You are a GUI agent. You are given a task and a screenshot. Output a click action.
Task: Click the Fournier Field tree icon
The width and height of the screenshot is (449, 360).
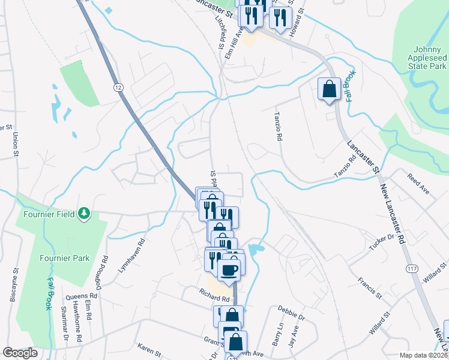pyautogui.click(x=85, y=212)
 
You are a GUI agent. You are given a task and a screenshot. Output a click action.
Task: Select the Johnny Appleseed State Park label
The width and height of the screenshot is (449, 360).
pyautogui.click(x=421, y=57)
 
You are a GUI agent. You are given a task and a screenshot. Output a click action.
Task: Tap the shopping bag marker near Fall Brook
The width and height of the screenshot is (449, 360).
pyautogui.click(x=329, y=89)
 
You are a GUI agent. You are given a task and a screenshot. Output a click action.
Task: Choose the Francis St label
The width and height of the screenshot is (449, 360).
pyautogui.click(x=370, y=287)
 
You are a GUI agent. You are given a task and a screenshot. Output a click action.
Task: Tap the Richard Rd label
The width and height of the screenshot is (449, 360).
pyautogui.click(x=215, y=298)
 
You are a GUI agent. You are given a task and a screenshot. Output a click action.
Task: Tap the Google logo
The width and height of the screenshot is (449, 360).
pyautogui.click(x=20, y=353)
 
